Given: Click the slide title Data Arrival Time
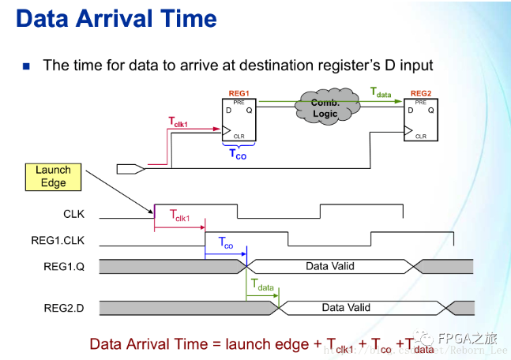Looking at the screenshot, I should point(115,18).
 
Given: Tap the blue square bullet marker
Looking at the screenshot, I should point(26,66).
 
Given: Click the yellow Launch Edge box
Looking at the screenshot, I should point(53,176).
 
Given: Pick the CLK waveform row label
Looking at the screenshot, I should point(73,213).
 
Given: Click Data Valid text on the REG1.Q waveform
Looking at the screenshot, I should point(330,266).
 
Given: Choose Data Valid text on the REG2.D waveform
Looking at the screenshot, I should point(346,307).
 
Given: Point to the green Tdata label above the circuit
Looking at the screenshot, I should point(381,92).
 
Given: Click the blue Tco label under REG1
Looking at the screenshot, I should point(238,153).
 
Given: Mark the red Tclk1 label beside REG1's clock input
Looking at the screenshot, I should point(183,122).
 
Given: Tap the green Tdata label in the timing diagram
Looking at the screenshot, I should point(262,285).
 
